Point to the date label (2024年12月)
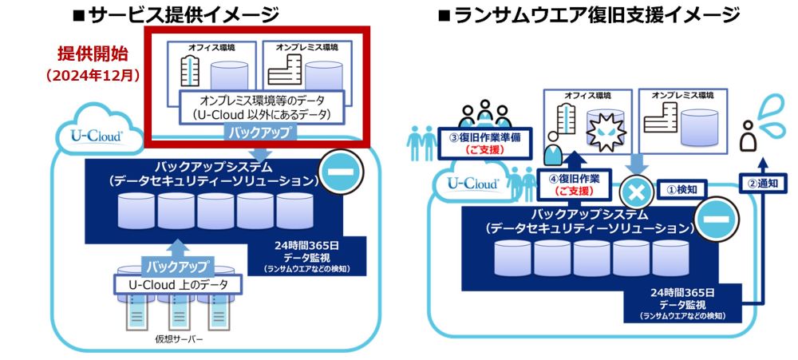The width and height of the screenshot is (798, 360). click(93, 77)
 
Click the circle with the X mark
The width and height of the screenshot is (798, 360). click(636, 192)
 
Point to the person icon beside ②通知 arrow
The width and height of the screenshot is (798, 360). click(749, 137)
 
